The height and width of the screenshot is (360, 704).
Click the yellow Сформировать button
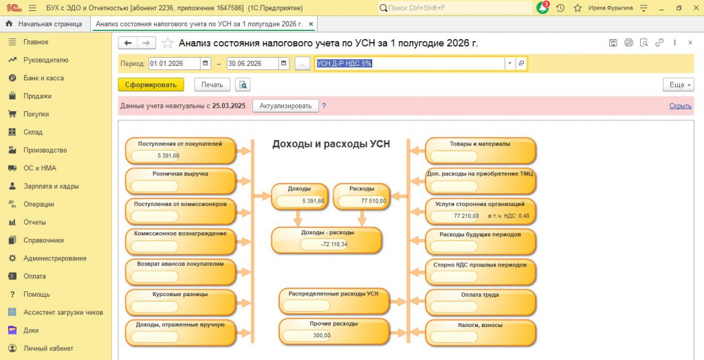pyautogui.click(x=151, y=85)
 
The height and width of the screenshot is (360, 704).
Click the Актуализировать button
pyautogui.click(x=285, y=106)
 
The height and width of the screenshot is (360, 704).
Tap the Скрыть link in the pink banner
pyautogui.click(x=680, y=106)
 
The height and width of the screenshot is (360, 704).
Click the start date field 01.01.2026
pyautogui.click(x=174, y=64)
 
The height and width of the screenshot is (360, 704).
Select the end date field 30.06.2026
pyautogui.click(x=252, y=64)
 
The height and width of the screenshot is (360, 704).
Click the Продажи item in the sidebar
pyautogui.click(x=37, y=96)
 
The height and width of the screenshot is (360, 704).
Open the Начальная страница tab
pyautogui.click(x=49, y=24)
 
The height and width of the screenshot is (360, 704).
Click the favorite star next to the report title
pyautogui.click(x=168, y=43)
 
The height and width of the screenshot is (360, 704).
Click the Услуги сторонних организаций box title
pyautogui.click(x=480, y=204)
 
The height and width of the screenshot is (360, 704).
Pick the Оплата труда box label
pyautogui.click(x=480, y=295)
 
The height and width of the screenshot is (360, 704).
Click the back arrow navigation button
pyautogui.click(x=128, y=43)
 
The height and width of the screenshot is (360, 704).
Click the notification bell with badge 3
pyautogui.click(x=543, y=8)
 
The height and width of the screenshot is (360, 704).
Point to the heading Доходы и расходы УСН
pyautogui.click(x=331, y=144)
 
